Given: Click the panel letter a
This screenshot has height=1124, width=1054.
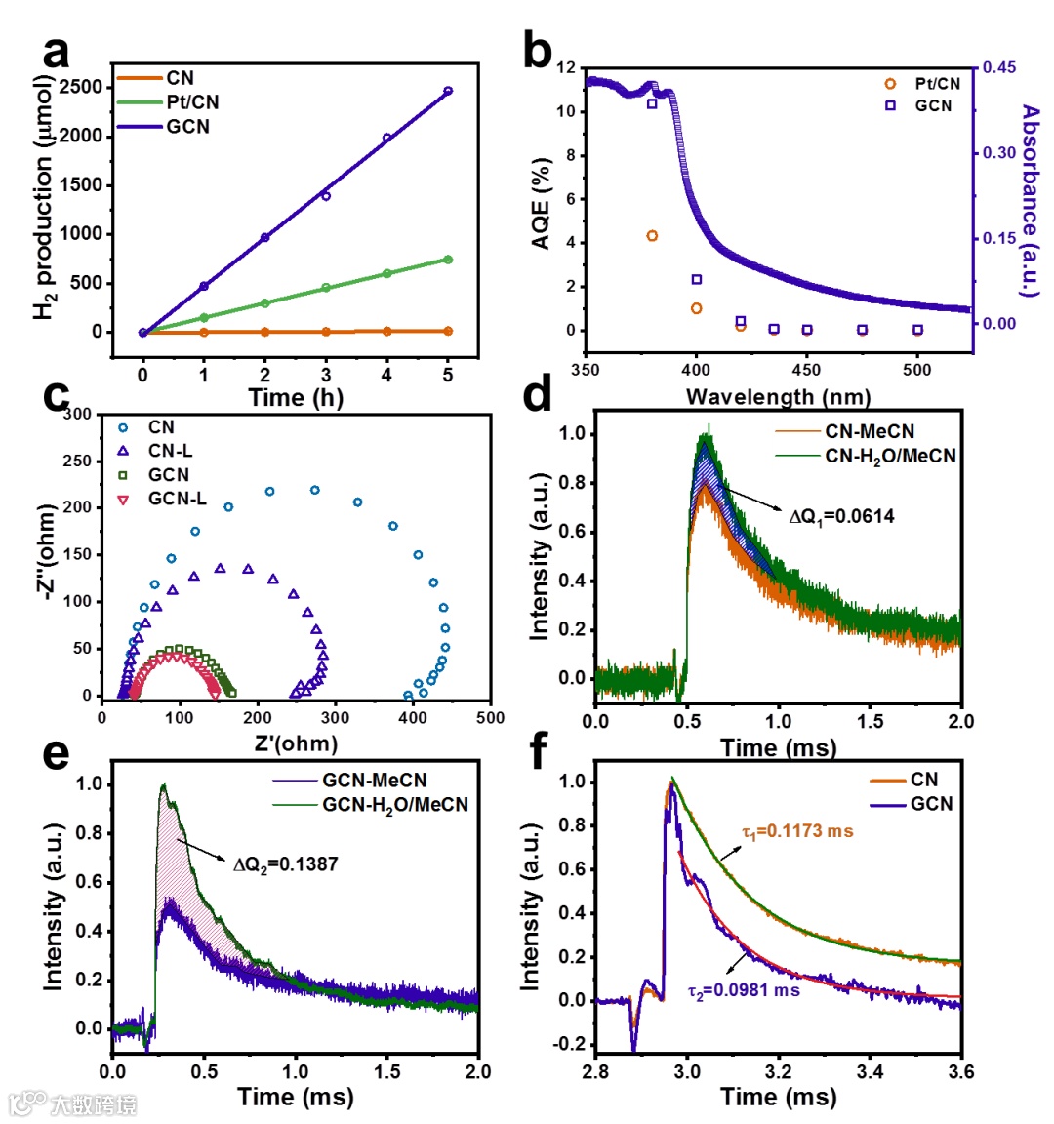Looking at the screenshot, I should click(x=57, y=52).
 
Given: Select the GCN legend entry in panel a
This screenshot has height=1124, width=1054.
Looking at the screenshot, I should click(x=187, y=127).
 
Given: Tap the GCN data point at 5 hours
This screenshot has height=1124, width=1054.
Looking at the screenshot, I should click(x=448, y=91).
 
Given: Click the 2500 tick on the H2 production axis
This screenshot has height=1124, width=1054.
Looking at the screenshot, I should click(x=80, y=87).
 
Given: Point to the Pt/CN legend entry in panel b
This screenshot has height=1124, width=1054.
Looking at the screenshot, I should click(x=937, y=84).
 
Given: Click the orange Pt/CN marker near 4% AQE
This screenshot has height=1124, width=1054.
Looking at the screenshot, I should click(x=652, y=236).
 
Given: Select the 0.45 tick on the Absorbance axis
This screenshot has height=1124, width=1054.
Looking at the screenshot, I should click(x=998, y=67).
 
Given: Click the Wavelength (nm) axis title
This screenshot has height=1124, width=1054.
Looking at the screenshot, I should click(x=778, y=396).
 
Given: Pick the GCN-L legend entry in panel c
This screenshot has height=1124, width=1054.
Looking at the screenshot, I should click(x=177, y=499).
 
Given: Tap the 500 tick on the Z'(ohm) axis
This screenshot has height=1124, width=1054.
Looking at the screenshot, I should click(x=490, y=717).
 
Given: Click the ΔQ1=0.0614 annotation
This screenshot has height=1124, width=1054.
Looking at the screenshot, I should click(x=841, y=516).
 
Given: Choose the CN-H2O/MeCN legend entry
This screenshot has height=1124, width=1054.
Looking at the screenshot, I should click(x=890, y=456).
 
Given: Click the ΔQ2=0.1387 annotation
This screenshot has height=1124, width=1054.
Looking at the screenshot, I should click(x=285, y=863).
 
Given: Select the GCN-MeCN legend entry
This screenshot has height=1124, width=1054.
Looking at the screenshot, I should click(x=375, y=781).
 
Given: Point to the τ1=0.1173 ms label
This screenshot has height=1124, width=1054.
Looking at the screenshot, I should click(x=797, y=832).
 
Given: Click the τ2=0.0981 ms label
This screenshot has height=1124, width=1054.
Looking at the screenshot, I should click(x=744, y=990).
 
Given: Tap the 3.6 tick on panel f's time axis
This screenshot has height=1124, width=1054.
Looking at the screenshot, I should click(x=961, y=1071).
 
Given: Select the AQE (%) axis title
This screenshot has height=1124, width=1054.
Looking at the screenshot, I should click(x=543, y=203).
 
